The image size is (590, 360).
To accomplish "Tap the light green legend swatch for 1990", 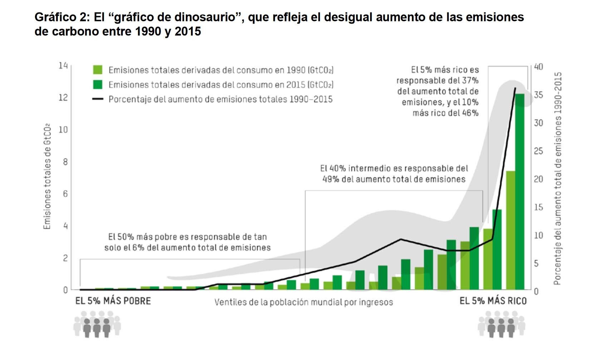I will pyautogui.click(x=98, y=69).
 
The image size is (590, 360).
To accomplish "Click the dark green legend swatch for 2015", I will pyautogui.click(x=98, y=84).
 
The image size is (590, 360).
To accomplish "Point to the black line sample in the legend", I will pyautogui.click(x=98, y=99).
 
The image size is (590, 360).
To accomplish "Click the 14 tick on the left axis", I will pyautogui.click(x=63, y=66).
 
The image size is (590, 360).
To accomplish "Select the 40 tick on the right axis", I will pyautogui.click(x=539, y=67).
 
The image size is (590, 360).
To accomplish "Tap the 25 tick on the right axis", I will pyautogui.click(x=539, y=151).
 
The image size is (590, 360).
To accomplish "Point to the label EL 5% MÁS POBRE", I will pyautogui.click(x=113, y=301).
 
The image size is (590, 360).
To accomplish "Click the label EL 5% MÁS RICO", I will pyautogui.click(x=493, y=301).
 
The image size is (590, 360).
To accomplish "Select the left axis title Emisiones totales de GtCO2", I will pyautogui.click(x=47, y=177).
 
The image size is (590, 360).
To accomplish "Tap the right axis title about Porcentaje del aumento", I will pyautogui.click(x=557, y=178).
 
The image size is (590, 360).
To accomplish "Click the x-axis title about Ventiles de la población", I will pyautogui.click(x=304, y=302).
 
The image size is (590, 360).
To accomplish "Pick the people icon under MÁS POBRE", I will pyautogui.click(x=97, y=324).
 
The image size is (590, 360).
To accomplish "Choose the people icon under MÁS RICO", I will pyautogui.click(x=501, y=324).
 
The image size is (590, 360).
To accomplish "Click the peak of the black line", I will pyautogui.click(x=515, y=88).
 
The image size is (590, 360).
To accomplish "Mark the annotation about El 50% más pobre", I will pyautogui.click(x=187, y=242).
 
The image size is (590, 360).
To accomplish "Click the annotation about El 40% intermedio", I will pyautogui.click(x=394, y=174).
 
